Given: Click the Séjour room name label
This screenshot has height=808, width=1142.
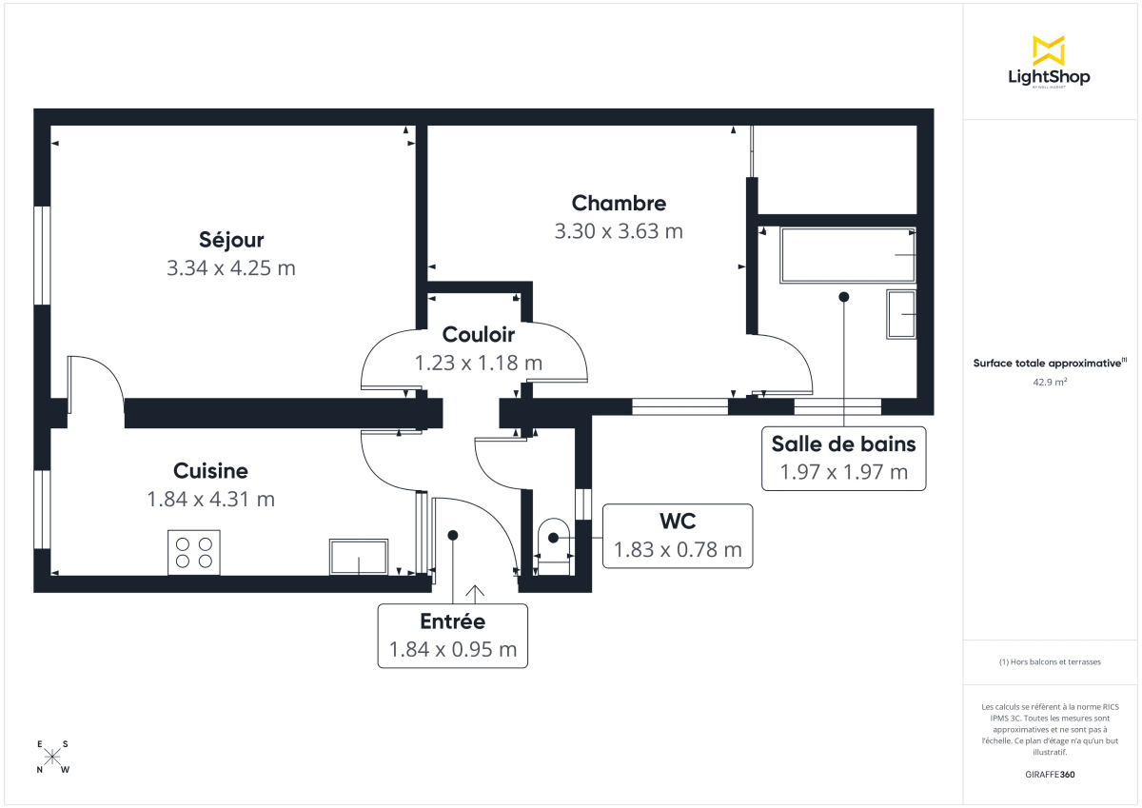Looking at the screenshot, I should [x=231, y=240].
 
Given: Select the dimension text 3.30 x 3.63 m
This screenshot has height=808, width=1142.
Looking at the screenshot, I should [x=619, y=231].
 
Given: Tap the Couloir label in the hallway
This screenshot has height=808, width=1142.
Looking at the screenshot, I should [x=478, y=335].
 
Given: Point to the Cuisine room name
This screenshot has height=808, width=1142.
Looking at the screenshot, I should [x=210, y=471].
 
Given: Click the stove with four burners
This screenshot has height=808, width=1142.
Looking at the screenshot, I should [x=194, y=552].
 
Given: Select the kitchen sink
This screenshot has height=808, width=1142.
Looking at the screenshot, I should [x=359, y=557].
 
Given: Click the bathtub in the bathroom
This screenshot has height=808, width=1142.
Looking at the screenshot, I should [x=847, y=255].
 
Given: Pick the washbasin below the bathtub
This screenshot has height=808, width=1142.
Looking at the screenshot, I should [x=900, y=315].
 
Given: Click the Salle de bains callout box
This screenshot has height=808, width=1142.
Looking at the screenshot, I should [x=843, y=458].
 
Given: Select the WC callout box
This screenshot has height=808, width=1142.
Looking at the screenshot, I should [x=677, y=536].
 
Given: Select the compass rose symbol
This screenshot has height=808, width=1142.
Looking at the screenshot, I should [x=53, y=757].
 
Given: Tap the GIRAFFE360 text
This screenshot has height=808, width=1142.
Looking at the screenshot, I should [x=1050, y=775].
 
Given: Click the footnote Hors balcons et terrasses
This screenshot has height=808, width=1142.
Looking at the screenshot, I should [x=1050, y=661].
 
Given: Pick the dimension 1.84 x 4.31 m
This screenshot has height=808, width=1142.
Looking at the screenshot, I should [x=210, y=500].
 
